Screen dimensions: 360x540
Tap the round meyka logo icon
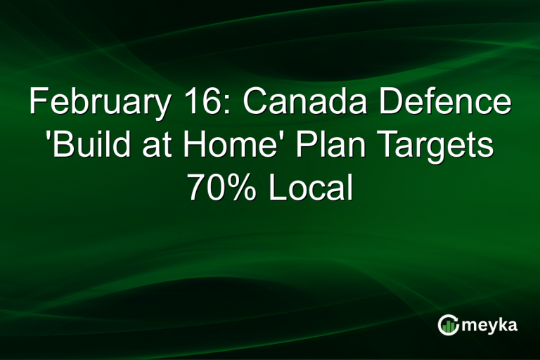(x=448, y=324)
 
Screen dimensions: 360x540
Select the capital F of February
(x=37, y=103)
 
